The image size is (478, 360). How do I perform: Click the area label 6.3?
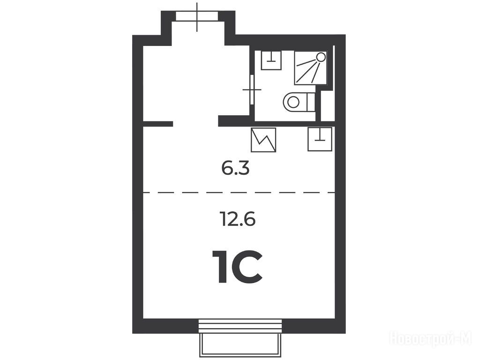click(x=235, y=169)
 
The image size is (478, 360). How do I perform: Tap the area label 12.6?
click(x=237, y=219)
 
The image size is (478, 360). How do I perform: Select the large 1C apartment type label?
click(x=239, y=267)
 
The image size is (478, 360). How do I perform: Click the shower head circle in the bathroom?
click(x=321, y=57)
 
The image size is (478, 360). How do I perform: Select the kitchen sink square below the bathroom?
click(x=320, y=139)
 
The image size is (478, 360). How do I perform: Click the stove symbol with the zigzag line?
click(x=263, y=140)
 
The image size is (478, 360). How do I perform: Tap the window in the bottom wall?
click(x=240, y=326)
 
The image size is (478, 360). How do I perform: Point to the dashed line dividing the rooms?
click(x=239, y=193)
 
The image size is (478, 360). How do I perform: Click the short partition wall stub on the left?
click(x=158, y=124)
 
